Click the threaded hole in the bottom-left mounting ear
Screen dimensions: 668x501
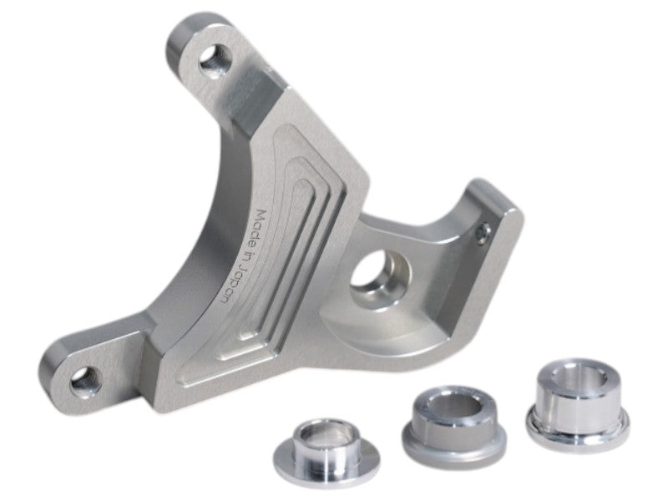click(86, 381)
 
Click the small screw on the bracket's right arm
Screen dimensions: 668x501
click(482, 234)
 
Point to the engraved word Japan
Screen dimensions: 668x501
click(233, 285)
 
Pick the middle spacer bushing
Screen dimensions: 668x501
click(454, 422)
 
